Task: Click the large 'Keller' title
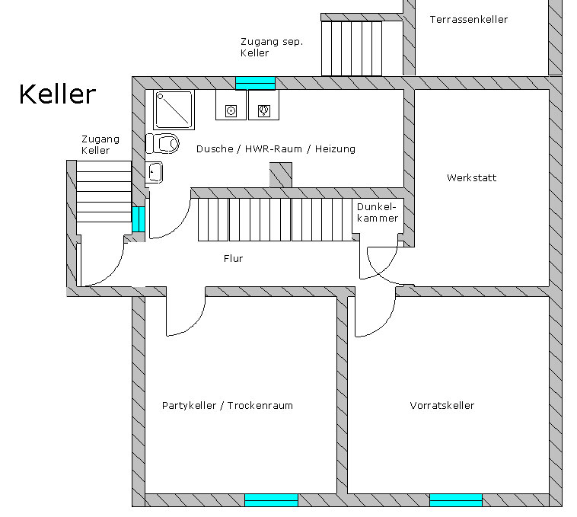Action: [x=57, y=94]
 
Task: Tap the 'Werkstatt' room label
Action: [x=471, y=178]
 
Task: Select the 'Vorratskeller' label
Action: [x=442, y=405]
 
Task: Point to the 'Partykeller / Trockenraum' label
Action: [x=227, y=405]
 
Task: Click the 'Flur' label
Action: [x=233, y=259]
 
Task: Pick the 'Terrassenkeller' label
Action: [x=468, y=19]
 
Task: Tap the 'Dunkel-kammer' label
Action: [x=378, y=212]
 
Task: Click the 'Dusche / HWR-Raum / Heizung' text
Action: [x=276, y=149]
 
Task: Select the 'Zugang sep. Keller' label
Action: [x=271, y=47]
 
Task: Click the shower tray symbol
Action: [x=174, y=110]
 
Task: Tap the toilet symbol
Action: [x=163, y=142]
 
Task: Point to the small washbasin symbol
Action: [x=155, y=173]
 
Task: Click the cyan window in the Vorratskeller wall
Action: [x=455, y=500]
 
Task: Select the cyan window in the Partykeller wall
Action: [x=271, y=500]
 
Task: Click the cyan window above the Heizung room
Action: [x=255, y=82]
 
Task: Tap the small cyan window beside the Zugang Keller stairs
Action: [x=138, y=219]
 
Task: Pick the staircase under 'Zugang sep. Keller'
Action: [x=352, y=48]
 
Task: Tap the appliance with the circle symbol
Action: [x=231, y=111]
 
